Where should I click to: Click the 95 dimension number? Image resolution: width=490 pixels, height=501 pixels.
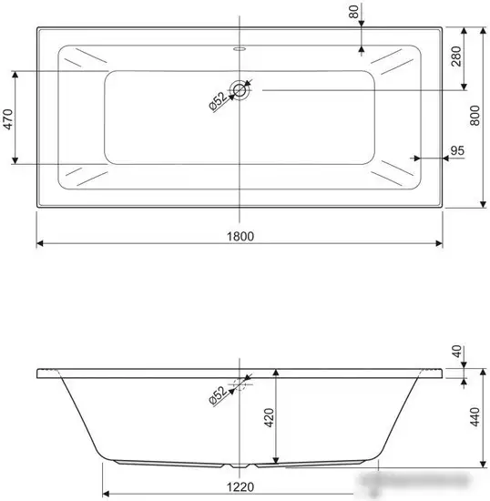(457, 149)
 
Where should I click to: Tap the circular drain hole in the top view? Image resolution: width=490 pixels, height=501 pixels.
(240, 89)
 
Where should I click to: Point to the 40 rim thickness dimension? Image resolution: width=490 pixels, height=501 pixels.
(455, 351)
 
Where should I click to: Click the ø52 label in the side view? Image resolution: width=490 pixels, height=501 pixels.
(218, 394)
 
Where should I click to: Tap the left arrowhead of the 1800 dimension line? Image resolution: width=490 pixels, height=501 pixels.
(40, 244)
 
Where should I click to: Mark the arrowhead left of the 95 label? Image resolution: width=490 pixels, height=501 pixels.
(415, 158)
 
